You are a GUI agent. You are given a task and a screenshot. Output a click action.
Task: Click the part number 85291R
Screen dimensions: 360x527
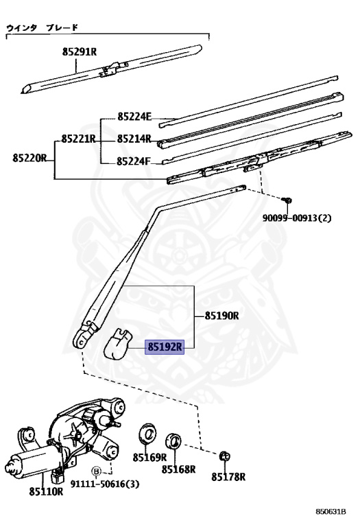click(80, 51)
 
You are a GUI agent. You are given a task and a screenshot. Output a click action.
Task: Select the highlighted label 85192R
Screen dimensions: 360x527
click(165, 347)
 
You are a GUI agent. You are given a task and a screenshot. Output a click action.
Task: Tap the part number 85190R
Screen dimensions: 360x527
click(222, 316)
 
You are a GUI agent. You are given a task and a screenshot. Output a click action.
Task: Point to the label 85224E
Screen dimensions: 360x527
click(134, 117)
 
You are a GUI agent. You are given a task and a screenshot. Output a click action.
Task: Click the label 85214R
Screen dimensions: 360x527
click(134, 139)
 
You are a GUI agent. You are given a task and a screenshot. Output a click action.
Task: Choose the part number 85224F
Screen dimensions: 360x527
click(134, 161)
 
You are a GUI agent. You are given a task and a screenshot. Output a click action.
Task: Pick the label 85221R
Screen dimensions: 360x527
click(79, 139)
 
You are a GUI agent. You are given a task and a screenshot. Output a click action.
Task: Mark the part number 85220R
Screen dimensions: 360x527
click(29, 158)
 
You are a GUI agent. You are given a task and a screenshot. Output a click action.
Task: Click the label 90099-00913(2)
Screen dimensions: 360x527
click(297, 218)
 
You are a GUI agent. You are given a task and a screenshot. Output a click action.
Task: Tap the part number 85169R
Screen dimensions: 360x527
click(149, 457)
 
